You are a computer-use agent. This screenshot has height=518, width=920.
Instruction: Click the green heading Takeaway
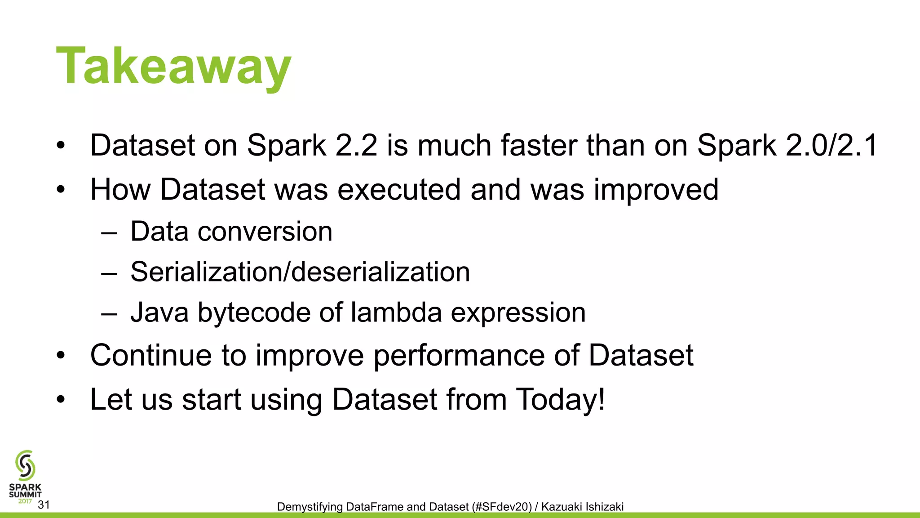173,66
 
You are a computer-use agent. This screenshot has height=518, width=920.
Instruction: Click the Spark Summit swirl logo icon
25,466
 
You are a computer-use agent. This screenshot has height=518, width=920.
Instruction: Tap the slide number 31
44,505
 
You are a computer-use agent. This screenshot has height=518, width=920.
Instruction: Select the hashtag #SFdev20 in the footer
502,507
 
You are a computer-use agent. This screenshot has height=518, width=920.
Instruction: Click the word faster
539,146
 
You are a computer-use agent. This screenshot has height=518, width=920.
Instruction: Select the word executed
399,189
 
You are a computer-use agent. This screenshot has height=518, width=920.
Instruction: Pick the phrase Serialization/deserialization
300,272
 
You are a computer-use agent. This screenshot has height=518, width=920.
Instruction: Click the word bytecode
254,313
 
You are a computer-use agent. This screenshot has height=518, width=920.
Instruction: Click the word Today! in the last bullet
561,399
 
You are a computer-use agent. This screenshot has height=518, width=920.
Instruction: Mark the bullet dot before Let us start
61,399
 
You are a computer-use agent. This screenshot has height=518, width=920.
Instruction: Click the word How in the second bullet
120,189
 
